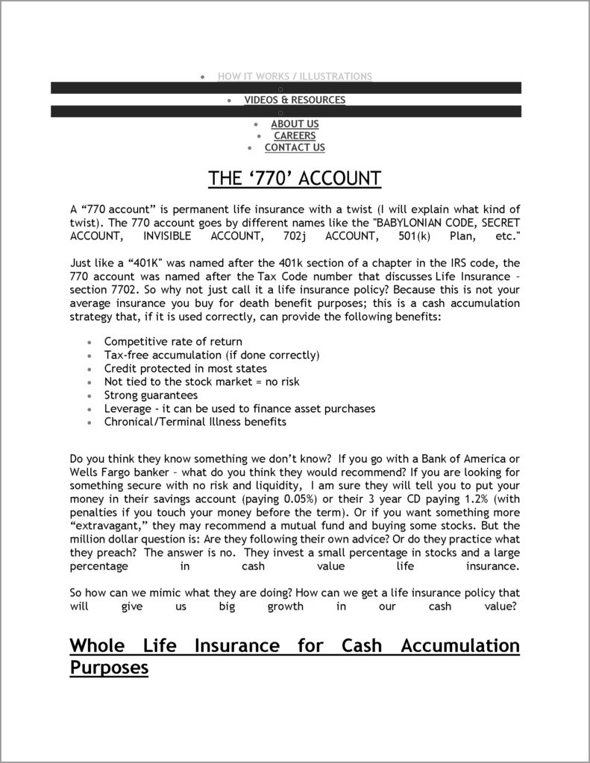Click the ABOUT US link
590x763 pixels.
[295, 124]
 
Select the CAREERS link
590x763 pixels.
[295, 136]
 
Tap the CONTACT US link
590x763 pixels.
[295, 148]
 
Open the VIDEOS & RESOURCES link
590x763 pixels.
[295, 100]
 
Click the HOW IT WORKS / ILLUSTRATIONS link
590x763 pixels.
[295, 76]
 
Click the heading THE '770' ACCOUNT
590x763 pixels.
[295, 179]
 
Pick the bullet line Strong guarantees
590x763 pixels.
[151, 395]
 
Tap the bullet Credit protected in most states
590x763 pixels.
[185, 368]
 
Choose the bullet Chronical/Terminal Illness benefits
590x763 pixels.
[195, 422]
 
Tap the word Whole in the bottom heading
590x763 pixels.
[98, 645]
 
